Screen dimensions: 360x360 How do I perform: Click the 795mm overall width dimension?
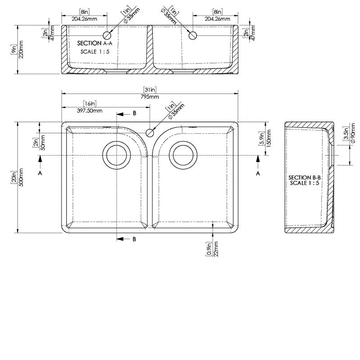coord(150,97)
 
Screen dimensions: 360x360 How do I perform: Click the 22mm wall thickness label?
coord(216,248)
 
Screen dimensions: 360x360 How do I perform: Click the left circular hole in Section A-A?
coord(108,35)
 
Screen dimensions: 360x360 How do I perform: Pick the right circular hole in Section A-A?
coord(192,35)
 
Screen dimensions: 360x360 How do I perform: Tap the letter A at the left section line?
coord(40,172)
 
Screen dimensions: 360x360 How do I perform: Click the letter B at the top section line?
coord(134,113)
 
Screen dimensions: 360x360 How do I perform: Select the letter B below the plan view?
coord(134,239)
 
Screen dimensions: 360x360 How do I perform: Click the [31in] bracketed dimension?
coord(150,90)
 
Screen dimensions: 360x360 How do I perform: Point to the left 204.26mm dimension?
coord(84,19)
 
